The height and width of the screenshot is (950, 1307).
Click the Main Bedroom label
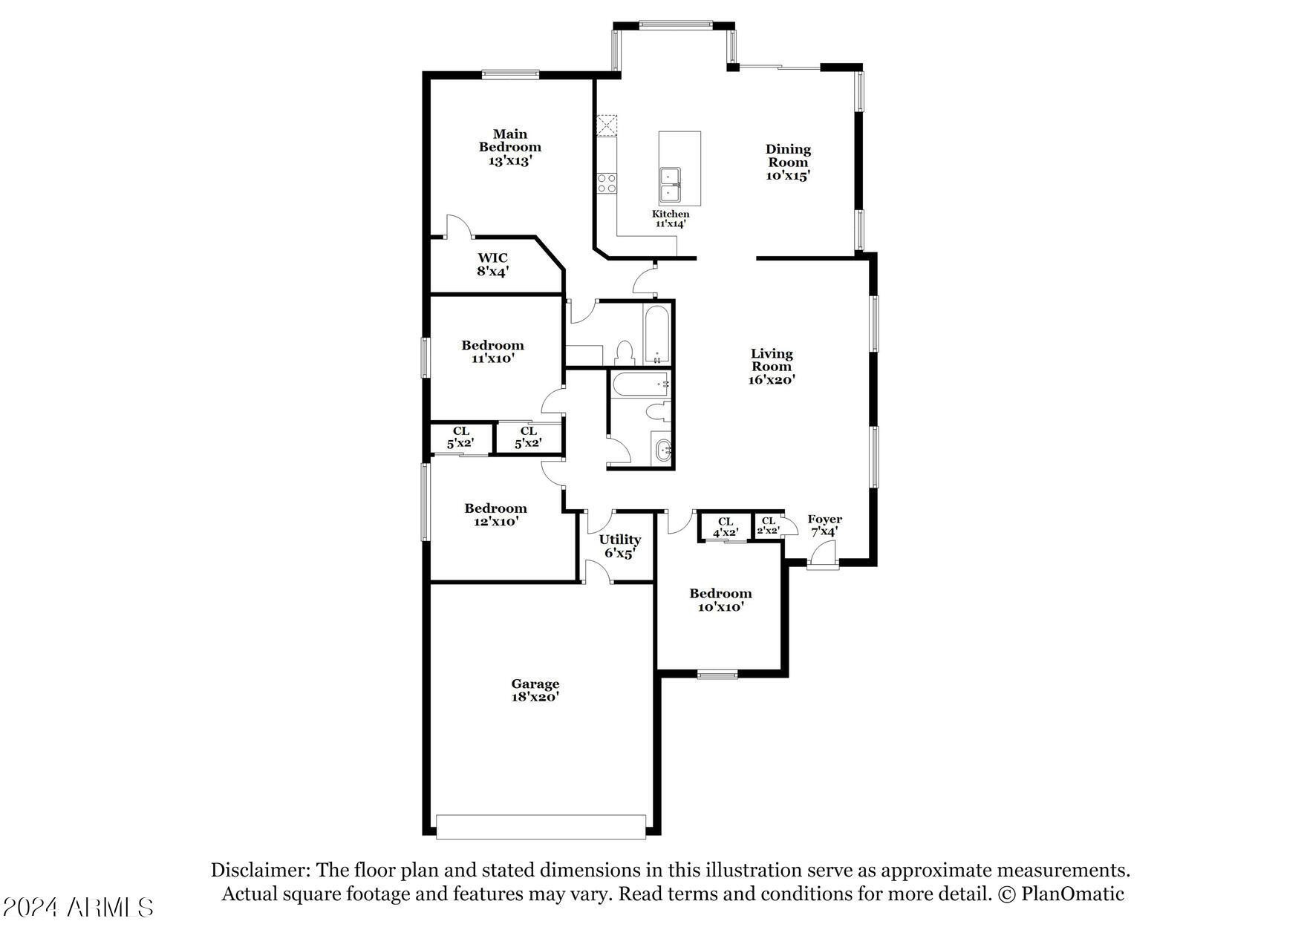click(510, 147)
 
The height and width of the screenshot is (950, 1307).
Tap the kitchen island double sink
click(670, 184)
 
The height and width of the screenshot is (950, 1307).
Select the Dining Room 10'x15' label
click(788, 163)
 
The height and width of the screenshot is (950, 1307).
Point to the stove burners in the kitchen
click(607, 183)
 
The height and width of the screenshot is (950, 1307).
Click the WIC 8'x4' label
click(492, 265)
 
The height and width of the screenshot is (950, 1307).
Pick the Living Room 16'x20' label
click(772, 367)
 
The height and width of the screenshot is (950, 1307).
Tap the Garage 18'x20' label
click(535, 690)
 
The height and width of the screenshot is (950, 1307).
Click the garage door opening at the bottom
click(541, 827)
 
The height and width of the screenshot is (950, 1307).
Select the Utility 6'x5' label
click(619, 546)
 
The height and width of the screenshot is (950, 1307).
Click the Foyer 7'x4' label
click(824, 525)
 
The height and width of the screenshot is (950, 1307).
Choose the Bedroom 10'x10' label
click(720, 600)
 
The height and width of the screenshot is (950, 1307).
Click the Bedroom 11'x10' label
click(492, 352)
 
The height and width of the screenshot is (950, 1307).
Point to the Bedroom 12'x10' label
click(495, 515)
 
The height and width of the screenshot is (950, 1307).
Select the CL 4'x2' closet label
click(726, 527)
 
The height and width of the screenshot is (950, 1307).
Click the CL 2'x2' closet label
click(768, 525)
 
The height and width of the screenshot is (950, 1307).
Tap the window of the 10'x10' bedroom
click(717, 675)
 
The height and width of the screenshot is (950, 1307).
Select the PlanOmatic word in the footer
click(1072, 894)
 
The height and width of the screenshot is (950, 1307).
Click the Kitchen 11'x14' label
click(671, 218)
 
